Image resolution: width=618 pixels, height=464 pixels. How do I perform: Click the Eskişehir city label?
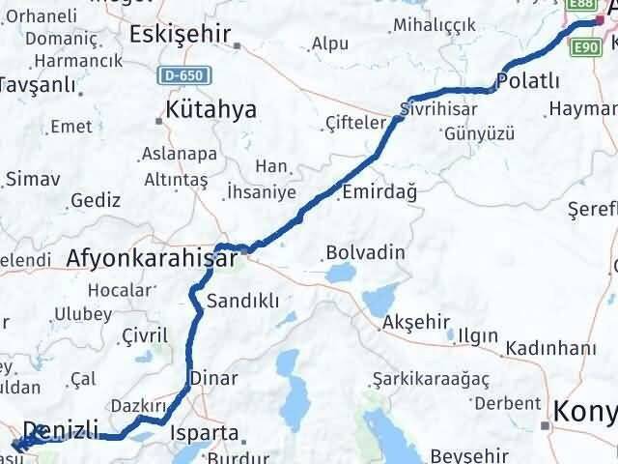pyautogui.click(x=180, y=36)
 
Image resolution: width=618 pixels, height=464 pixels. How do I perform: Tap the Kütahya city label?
pyautogui.click(x=211, y=109)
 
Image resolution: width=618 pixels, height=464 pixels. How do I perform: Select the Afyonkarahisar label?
pyautogui.click(x=151, y=259)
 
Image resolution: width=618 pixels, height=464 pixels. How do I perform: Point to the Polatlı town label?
pyautogui.click(x=529, y=79)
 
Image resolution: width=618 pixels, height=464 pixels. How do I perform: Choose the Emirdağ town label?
pyautogui.click(x=379, y=193)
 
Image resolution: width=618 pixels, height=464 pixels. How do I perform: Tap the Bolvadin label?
pyautogui.click(x=365, y=253)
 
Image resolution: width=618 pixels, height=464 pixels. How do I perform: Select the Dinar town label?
pyautogui.click(x=212, y=378)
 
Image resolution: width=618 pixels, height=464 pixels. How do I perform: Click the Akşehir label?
pyautogui.click(x=417, y=322)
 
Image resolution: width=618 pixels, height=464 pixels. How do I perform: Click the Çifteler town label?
pyautogui.click(x=355, y=124)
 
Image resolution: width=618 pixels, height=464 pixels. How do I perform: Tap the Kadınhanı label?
pyautogui.click(x=564, y=346)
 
